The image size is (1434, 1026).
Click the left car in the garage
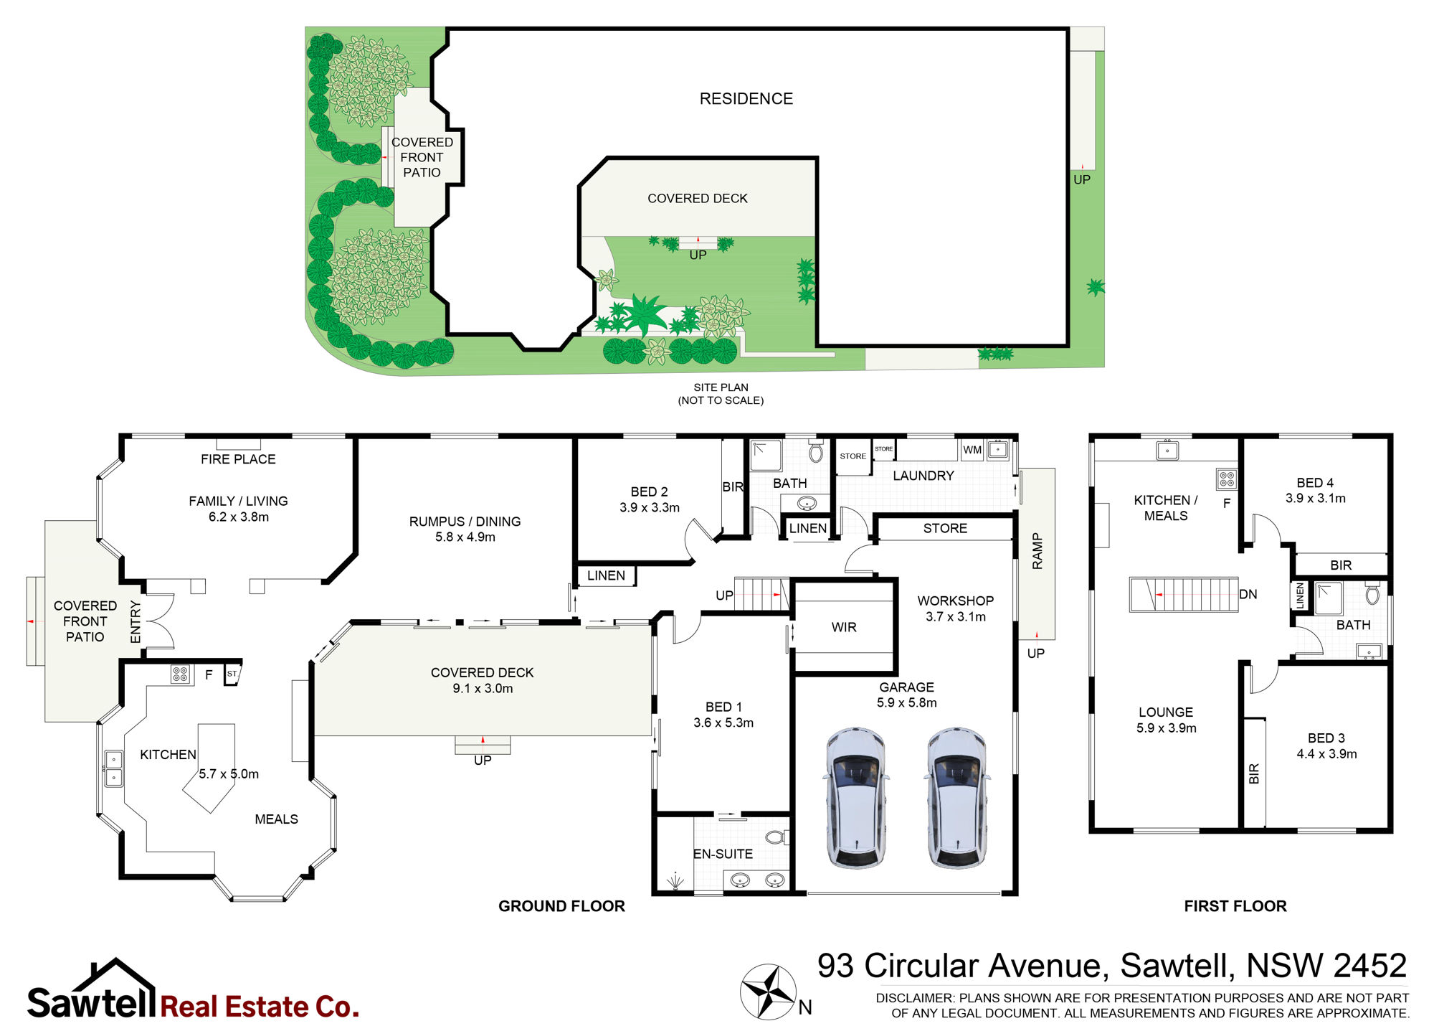[857, 798]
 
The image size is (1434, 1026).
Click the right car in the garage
[957, 798]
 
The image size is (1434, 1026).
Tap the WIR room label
[844, 627]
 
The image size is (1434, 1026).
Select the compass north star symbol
[768, 992]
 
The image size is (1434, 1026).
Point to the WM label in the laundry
[972, 450]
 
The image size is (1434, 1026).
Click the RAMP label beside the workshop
[1037, 551]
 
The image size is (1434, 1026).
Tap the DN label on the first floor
[1248, 594]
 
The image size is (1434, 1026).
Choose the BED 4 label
[1315, 483]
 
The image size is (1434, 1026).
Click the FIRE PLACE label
[238, 459]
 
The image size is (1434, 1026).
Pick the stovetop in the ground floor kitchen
[180, 674]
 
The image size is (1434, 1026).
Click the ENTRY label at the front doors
[136, 622]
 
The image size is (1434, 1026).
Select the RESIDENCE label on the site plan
[746, 99]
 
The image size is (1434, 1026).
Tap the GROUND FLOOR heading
[561, 906]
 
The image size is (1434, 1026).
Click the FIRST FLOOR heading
[1235, 906]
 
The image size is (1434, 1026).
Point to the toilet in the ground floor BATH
[815, 452]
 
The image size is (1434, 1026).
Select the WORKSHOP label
[956, 601]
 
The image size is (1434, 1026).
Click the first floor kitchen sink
[1167, 451]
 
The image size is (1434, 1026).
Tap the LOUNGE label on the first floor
[1166, 712]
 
